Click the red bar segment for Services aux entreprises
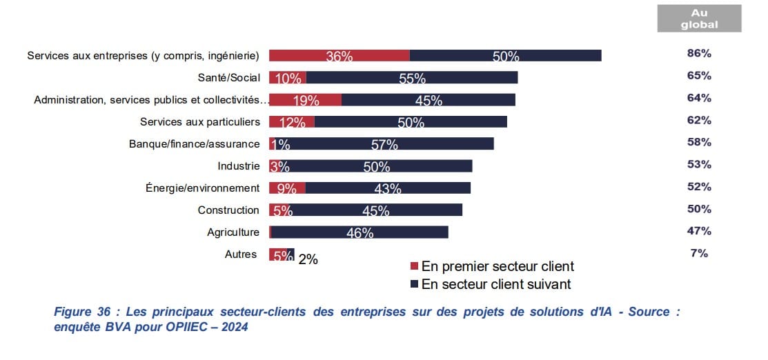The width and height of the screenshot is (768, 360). point(339,55)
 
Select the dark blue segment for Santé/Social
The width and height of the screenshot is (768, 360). point(411,77)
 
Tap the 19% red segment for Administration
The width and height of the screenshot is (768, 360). point(305,99)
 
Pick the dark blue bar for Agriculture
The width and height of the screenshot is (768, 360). point(360,232)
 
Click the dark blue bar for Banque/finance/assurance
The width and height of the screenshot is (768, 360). point(384,143)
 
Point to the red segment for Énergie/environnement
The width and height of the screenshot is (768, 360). point(287,188)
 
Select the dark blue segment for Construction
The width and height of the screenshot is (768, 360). point(375,210)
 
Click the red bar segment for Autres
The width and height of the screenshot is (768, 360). point(277,254)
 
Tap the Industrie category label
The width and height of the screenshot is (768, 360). point(239,166)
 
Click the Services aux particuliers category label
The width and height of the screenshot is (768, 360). point(200,121)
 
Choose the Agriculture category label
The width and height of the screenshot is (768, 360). point(233,232)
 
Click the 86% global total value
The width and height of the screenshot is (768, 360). point(699,53)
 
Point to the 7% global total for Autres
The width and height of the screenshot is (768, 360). point(699,253)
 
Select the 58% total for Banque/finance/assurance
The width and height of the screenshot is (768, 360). point(699,142)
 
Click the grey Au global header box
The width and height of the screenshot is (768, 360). point(699,19)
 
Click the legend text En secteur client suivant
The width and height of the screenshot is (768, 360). point(496,283)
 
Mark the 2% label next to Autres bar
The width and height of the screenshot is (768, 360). point(308,260)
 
